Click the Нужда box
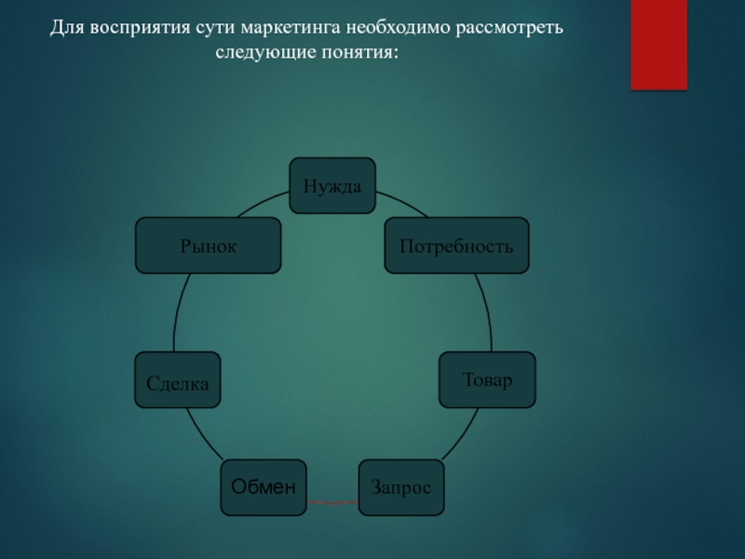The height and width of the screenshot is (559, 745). (332, 185)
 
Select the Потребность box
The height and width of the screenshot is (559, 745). (456, 246)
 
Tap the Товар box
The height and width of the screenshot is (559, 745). (487, 379)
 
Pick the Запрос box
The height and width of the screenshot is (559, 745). (400, 487)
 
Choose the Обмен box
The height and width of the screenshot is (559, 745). (264, 487)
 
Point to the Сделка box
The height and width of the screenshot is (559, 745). (178, 379)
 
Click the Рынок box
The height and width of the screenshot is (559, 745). (208, 246)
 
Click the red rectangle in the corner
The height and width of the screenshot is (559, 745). (658, 44)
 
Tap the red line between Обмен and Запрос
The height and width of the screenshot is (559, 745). (332, 503)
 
